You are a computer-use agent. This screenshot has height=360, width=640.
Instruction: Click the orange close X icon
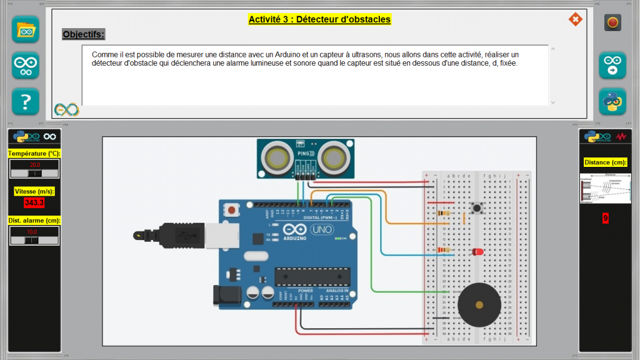(575, 19)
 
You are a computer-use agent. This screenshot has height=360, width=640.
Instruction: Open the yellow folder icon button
(26, 29)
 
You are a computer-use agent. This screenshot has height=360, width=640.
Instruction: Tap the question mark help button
(26, 101)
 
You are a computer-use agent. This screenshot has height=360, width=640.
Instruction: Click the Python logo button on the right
(612, 101)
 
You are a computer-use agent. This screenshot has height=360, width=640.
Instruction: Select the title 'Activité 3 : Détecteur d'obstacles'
(319, 19)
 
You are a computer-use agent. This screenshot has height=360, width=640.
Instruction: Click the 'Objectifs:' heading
(84, 34)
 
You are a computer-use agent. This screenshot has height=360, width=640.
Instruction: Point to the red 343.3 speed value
(34, 202)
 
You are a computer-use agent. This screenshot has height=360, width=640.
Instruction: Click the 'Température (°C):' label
(34, 153)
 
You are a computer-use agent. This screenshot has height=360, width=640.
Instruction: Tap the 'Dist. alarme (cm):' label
(34, 220)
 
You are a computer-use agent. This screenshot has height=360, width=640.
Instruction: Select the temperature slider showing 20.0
(34, 169)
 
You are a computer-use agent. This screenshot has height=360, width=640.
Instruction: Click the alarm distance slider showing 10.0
(34, 236)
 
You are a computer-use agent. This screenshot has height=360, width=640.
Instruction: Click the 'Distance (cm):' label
(605, 162)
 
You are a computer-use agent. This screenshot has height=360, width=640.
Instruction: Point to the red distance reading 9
(605, 218)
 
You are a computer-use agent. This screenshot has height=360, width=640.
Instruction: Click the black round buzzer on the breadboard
(479, 305)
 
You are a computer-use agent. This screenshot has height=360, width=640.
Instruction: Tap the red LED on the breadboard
(477, 251)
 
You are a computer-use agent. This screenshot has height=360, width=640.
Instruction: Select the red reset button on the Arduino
(232, 210)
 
